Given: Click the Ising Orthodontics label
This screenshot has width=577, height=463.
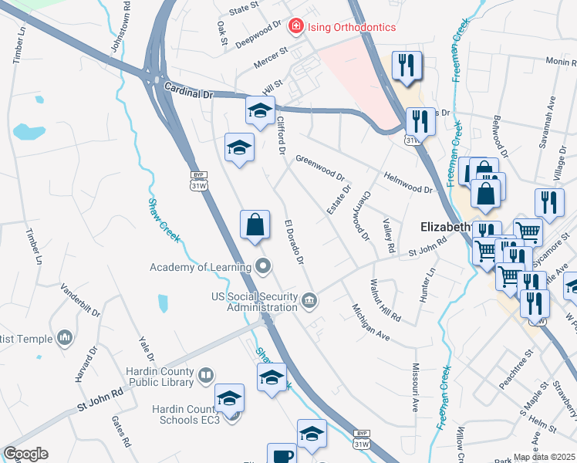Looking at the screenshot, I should click(352, 27).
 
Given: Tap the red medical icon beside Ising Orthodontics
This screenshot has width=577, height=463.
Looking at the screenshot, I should click(295, 27).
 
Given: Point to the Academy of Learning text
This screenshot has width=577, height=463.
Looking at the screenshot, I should click(201, 268).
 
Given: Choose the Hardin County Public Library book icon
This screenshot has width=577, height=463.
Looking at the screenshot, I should click(205, 376).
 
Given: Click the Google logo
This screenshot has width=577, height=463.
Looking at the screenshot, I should click(25, 454).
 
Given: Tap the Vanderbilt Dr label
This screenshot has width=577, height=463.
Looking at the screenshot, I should click(80, 302).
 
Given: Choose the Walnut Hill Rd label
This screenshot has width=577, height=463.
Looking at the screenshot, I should click(386, 300).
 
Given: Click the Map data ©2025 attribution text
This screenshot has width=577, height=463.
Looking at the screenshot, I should click(544, 457).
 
